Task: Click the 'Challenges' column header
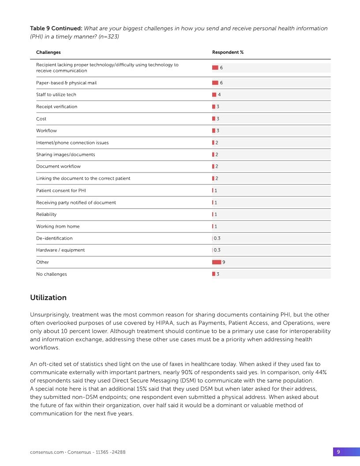point(48,53)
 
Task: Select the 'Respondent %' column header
point(228,53)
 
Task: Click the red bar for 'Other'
point(217,262)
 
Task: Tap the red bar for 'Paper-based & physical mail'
point(215,83)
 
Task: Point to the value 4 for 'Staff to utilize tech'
point(219,95)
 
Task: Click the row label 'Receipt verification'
point(56,107)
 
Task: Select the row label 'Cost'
point(41,119)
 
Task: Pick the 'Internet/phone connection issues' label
point(72,143)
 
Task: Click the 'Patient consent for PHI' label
point(61,191)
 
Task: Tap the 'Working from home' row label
point(58,226)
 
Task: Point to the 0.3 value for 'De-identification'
point(217,238)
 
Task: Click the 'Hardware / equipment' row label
point(60,250)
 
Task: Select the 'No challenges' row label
point(52,274)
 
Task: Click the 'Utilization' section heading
point(48,297)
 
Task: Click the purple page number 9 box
point(338,452)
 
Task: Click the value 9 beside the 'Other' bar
point(224,262)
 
